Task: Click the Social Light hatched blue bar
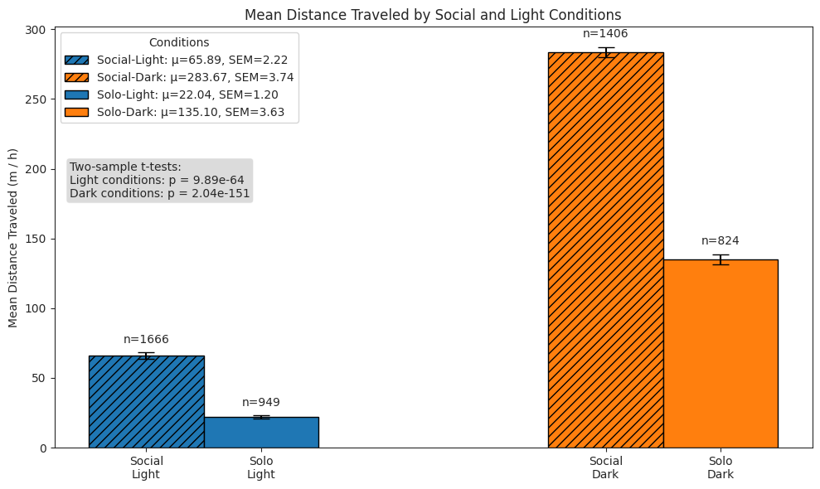coord(146,402)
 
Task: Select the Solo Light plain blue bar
coord(261,432)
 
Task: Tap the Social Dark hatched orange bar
coord(605,249)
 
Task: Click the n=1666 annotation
coord(146,339)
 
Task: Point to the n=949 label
coord(261,402)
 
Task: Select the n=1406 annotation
coord(605,34)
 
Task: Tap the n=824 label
coord(721,241)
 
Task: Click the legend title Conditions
coord(179,42)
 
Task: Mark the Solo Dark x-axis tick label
coord(721,468)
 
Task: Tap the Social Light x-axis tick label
coord(146,468)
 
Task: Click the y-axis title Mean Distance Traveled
coord(13,238)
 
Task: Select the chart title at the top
coord(432,15)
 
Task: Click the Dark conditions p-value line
coord(159,193)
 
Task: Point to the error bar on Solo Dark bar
coord(721,259)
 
